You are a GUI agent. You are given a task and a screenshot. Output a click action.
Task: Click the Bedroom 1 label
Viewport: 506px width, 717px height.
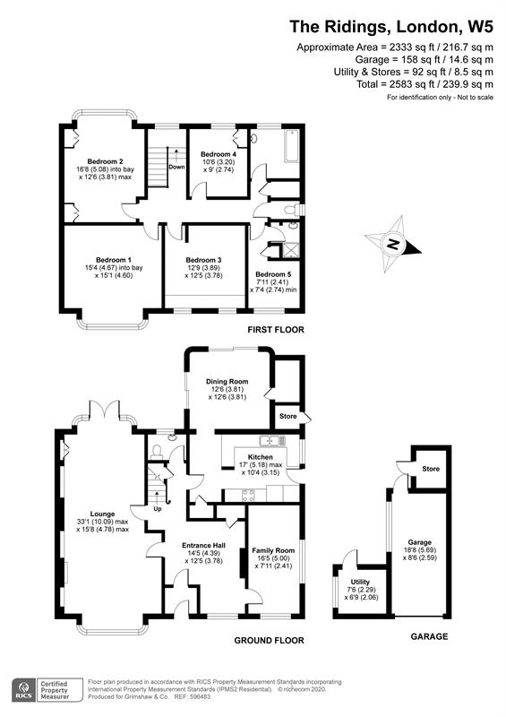pyautogui.click(x=101, y=259)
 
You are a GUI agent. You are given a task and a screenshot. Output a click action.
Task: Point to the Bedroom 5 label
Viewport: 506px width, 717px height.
pyautogui.click(x=274, y=274)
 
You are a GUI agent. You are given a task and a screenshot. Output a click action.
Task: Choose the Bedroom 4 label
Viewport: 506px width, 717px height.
pyautogui.click(x=218, y=153)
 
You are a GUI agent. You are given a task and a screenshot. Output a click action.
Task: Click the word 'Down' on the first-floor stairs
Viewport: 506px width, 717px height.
pyautogui.click(x=177, y=168)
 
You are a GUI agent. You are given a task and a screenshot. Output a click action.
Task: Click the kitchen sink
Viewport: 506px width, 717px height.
pyautogui.click(x=268, y=440)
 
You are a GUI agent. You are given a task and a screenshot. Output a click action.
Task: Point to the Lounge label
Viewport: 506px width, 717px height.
pyautogui.click(x=103, y=514)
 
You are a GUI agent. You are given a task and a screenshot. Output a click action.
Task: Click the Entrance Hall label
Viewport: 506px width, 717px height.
pyautogui.click(x=202, y=545)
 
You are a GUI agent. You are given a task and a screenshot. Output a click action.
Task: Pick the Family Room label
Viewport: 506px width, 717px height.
pyautogui.click(x=272, y=549)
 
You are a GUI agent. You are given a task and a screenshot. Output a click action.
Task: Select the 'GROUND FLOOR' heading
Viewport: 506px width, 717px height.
pyautogui.click(x=268, y=641)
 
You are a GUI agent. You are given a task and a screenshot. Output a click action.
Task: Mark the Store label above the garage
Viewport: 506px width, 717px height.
pyautogui.click(x=431, y=469)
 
